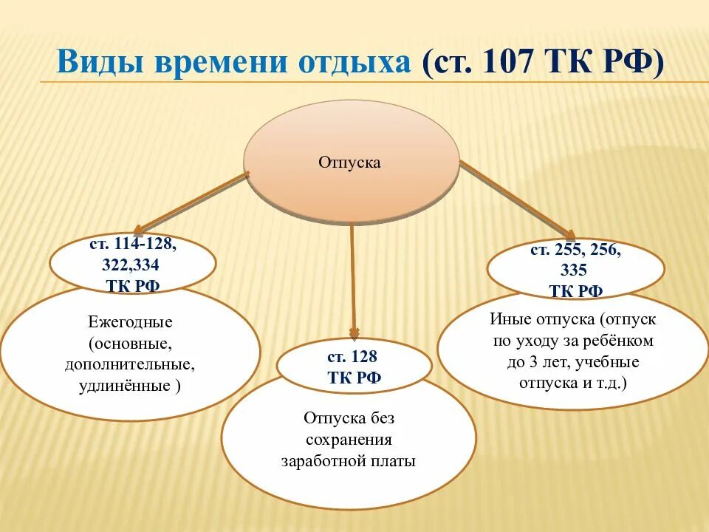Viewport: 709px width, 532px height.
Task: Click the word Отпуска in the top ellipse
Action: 349,162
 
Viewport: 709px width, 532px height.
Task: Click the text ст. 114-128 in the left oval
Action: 133,245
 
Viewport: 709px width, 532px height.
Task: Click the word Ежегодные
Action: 130,323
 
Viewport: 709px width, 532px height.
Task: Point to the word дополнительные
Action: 130,365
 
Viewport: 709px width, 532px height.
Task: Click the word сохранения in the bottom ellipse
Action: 349,440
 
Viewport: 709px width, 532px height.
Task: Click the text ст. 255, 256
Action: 575,250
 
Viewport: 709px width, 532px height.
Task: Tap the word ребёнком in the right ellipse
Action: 619,341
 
